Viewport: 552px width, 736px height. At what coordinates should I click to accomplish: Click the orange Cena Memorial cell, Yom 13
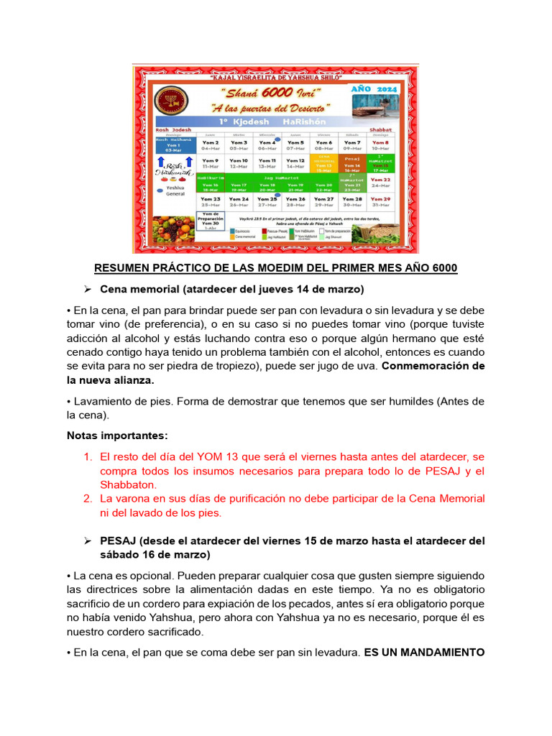pyautogui.click(x=323, y=165)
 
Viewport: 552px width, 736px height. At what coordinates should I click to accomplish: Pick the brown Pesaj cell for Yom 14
pyautogui.click(x=352, y=165)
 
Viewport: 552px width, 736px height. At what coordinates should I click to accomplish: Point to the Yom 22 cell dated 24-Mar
pyautogui.click(x=381, y=183)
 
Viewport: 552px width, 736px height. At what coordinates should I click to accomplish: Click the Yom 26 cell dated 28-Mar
pyautogui.click(x=295, y=201)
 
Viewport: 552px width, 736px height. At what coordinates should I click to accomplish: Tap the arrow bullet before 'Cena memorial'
pyautogui.click(x=88, y=290)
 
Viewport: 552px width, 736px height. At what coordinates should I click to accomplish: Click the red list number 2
pyautogui.click(x=88, y=498)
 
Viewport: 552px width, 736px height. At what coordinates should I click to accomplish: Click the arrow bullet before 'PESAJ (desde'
pyautogui.click(x=88, y=540)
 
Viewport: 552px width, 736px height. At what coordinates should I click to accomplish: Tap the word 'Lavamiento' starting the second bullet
pyautogui.click(x=101, y=400)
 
